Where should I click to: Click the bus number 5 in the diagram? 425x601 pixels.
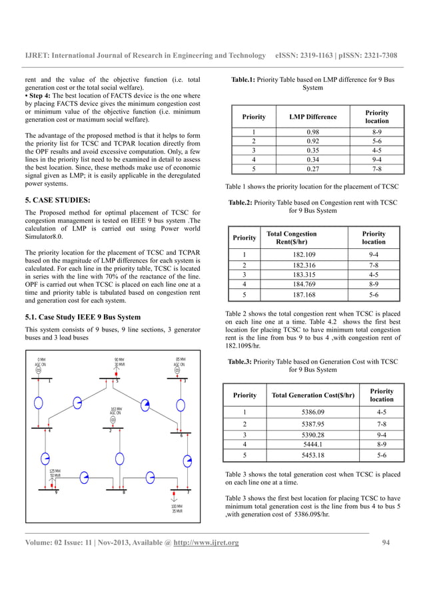117,381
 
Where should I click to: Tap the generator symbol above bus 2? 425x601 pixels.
114,420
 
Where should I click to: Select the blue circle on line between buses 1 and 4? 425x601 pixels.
39,403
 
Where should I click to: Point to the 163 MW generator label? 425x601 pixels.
116,410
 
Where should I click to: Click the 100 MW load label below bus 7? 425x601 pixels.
177,508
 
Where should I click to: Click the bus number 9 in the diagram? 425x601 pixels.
56,493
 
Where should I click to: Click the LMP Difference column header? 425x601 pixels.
312,117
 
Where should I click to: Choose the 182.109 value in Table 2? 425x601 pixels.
306,254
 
